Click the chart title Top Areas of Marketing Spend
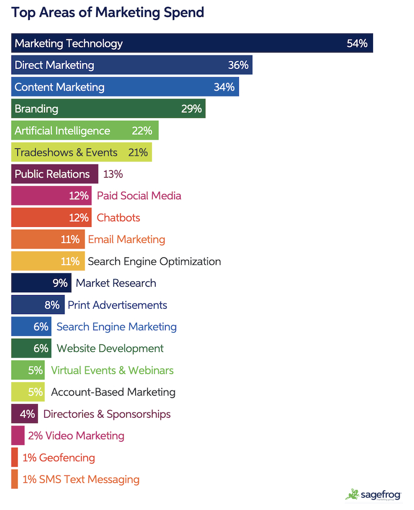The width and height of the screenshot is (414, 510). [107, 13]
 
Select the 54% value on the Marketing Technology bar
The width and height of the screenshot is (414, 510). [357, 44]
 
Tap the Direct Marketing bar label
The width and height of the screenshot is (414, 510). [55, 66]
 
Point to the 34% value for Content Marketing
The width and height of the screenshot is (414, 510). [224, 87]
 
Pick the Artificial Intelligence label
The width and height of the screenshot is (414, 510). [62, 131]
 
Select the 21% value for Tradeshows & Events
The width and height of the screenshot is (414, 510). [138, 153]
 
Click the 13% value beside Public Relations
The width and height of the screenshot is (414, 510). [113, 174]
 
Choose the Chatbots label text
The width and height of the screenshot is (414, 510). [118, 218]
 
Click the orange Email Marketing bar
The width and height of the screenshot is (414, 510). [47, 240]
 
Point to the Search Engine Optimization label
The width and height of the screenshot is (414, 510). [154, 261]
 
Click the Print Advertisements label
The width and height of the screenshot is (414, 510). [117, 305]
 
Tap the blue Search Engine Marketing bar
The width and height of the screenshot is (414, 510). [31, 327]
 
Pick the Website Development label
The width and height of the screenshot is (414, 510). [110, 349]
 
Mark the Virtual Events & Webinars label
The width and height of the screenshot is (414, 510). [112, 370]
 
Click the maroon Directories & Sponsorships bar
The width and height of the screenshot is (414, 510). [24, 414]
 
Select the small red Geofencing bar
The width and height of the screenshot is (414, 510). [14, 458]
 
